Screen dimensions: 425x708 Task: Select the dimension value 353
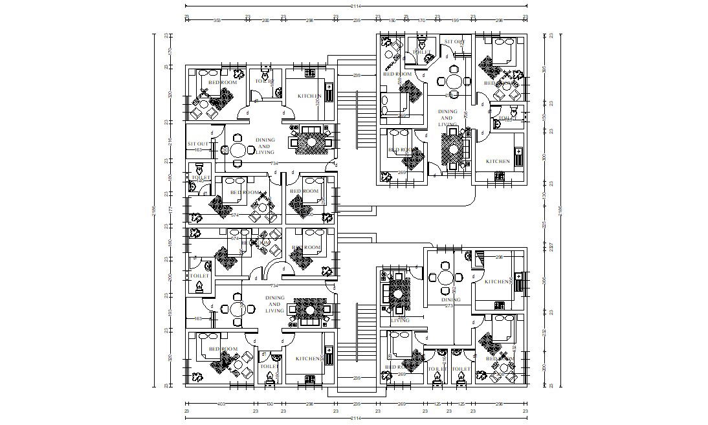coord(217,20)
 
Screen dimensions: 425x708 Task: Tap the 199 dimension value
coord(455,20)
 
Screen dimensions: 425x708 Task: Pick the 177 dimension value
coord(167,210)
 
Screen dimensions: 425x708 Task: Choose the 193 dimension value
coord(167,312)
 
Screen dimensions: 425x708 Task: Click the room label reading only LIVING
coord(401,320)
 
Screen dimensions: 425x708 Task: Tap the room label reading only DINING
coord(450,300)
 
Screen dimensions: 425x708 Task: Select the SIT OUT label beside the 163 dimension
coord(197,144)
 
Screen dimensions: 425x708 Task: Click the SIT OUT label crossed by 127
coord(454,42)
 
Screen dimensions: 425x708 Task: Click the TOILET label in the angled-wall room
coord(421,51)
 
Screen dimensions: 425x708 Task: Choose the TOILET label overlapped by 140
coord(505,118)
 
